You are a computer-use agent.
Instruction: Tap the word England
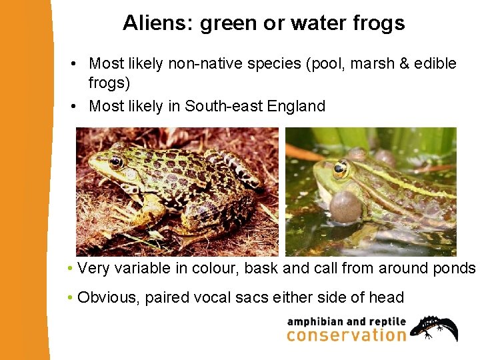[x=296, y=106]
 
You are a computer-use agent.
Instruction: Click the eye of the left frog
[x=116, y=161]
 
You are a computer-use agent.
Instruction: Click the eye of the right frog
[x=341, y=169]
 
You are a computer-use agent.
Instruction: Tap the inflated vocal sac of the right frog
[x=345, y=206]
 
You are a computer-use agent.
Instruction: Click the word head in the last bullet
[x=387, y=297]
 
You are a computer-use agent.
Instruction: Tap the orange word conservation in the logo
[x=346, y=335]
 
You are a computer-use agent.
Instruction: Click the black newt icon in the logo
[x=434, y=327]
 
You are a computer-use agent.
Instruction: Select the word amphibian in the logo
[x=313, y=321]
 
